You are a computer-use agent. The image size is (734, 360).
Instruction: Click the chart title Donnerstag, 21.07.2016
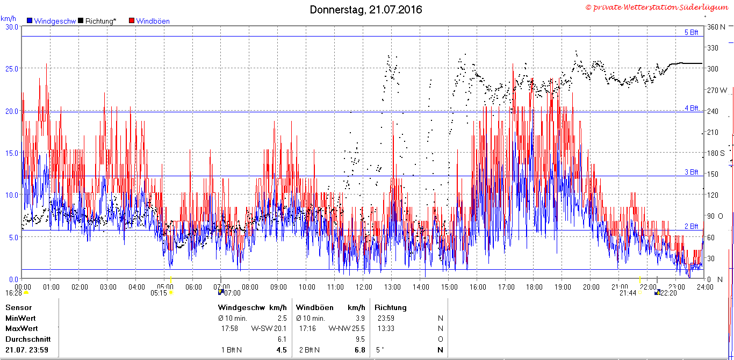coord(366,10)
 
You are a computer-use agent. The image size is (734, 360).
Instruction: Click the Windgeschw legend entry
coord(52,21)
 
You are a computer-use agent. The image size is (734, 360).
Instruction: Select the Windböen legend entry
coord(149,21)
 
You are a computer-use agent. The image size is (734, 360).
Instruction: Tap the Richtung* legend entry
coord(97,21)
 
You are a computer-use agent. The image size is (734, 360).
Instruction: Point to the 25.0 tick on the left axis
coord(12,69)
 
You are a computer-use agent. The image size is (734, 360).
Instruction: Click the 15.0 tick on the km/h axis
coord(12,153)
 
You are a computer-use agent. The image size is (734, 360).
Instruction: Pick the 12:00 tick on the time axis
coord(364,287)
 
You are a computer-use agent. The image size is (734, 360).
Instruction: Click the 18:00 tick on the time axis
coord(534,287)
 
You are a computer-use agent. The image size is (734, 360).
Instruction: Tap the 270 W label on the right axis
coord(717,90)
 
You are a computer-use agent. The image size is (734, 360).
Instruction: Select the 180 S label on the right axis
coord(716,153)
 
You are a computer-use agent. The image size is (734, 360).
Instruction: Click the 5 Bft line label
coord(692,32)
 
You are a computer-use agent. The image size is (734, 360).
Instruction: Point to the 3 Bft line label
coord(692,172)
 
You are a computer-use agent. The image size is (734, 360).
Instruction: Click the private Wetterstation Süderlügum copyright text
coord(657,8)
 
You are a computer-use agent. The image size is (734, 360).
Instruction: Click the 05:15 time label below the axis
coord(159,293)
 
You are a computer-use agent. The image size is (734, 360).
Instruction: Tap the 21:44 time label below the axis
coord(628,293)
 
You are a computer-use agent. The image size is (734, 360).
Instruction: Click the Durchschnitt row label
coord(28,339)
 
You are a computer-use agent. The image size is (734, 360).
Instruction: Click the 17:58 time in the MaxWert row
coord(229,328)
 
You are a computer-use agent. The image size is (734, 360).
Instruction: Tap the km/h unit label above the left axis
coord(8,19)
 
